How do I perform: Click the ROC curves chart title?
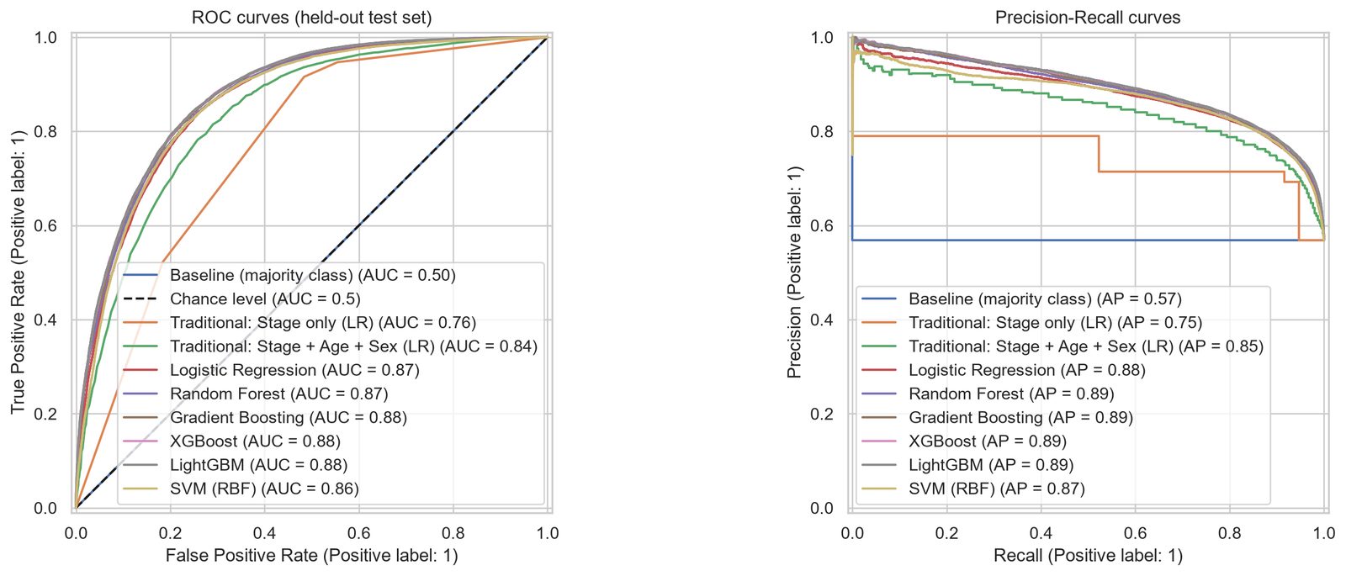[x=311, y=18]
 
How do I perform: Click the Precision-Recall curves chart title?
[x=1088, y=18]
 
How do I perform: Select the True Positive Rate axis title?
[x=17, y=272]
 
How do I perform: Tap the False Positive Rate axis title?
[x=312, y=555]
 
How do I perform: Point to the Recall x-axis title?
[x=1089, y=555]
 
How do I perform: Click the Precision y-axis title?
[x=794, y=272]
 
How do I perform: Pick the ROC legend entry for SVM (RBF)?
[x=241, y=489]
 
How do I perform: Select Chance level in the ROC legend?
[x=241, y=299]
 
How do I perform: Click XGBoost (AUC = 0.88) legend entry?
[x=231, y=441]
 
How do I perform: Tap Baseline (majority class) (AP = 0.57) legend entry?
[x=1021, y=299]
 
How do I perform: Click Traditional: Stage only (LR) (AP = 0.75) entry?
[x=1031, y=323]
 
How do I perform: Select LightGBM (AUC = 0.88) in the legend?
[x=235, y=464]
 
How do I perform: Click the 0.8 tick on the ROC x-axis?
[x=453, y=533]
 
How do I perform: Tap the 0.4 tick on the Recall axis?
[x=1041, y=533]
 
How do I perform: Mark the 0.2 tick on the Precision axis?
[x=823, y=414]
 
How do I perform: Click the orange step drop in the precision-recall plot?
[x=1099, y=154]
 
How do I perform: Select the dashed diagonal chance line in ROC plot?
[x=311, y=272]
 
